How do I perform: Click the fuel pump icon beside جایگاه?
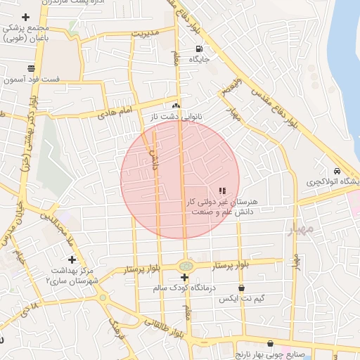click(x=199, y=49)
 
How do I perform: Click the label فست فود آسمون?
click(x=32, y=79)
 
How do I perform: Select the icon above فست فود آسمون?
click(x=31, y=68)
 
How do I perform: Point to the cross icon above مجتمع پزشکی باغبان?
click(x=26, y=17)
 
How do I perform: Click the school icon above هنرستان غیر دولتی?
click(x=222, y=191)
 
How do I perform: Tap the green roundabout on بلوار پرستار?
click(x=186, y=266)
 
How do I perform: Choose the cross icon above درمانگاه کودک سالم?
click(x=185, y=278)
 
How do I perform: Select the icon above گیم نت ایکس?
click(x=242, y=288)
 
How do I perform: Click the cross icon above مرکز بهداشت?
click(x=72, y=259)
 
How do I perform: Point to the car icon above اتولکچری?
click(x=337, y=171)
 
